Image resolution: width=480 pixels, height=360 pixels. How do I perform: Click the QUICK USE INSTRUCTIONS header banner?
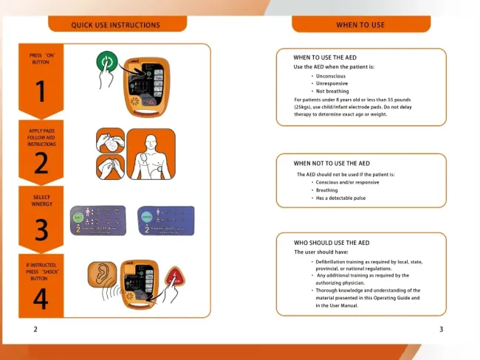115,25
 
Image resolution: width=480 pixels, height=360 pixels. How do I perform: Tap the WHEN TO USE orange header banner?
360,25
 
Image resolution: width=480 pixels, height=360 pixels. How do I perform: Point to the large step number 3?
41,230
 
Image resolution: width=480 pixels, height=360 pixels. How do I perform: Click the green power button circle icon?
109,61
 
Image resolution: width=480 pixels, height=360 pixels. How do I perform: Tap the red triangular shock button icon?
175,279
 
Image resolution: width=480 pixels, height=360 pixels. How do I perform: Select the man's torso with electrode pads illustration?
151,154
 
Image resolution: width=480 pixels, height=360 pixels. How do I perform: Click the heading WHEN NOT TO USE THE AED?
332,163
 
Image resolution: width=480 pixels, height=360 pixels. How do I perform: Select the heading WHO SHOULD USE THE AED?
331,243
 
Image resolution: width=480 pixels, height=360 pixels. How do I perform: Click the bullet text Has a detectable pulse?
340,198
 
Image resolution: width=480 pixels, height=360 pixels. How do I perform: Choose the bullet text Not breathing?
332,91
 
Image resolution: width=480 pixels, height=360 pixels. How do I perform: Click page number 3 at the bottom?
441,329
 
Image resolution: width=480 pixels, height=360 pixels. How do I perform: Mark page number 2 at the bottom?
35,329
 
